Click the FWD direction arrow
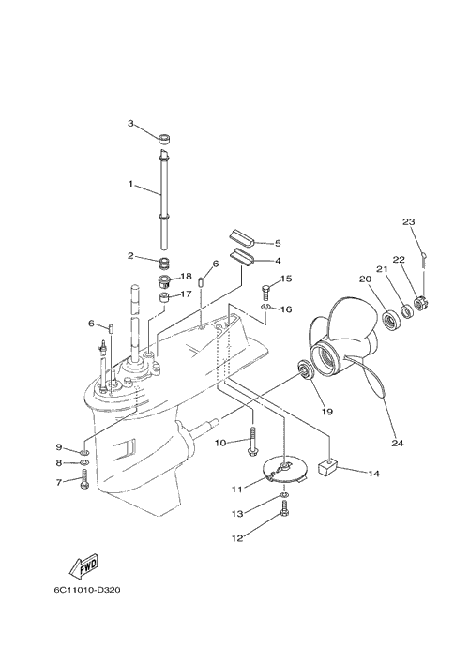(x=83, y=566)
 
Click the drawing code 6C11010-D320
(x=87, y=590)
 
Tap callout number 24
(x=397, y=443)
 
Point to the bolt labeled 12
(x=284, y=508)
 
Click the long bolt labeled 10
(x=252, y=444)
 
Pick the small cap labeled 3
(x=164, y=139)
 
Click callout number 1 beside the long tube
(x=130, y=184)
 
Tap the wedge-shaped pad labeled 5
(x=240, y=240)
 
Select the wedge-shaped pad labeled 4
(x=241, y=256)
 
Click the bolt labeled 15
(x=265, y=293)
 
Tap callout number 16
(x=286, y=309)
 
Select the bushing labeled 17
(x=165, y=297)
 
